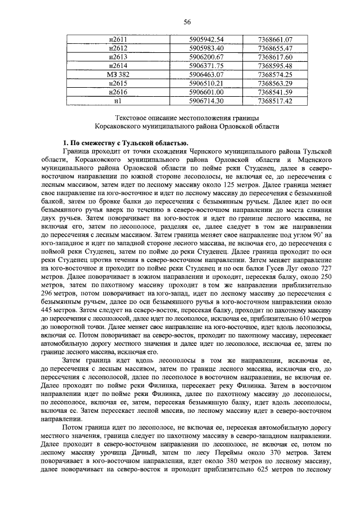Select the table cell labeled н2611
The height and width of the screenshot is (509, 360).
[x=118, y=40]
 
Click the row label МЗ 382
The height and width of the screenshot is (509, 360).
[x=118, y=74]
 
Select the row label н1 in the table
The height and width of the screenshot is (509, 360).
[x=118, y=101]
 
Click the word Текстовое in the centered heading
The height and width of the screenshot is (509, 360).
[x=132, y=118]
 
